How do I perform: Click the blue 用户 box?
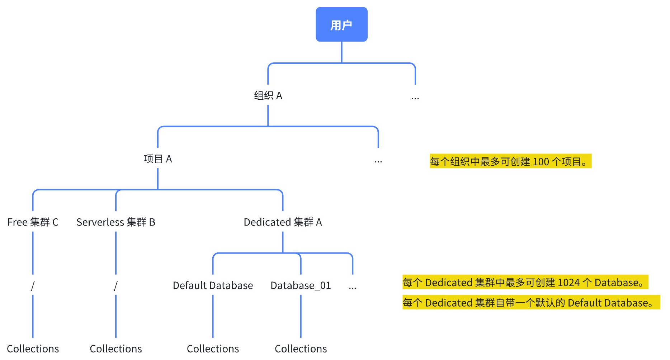tap(341, 24)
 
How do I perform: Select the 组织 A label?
tap(268, 96)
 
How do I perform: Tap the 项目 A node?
tap(158, 159)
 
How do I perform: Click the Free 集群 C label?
tap(33, 222)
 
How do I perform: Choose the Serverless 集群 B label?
tap(115, 222)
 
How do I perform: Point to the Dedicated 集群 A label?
tap(283, 222)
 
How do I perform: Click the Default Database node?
tap(213, 285)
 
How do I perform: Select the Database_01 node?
tap(301, 285)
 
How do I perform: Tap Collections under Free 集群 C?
tap(33, 349)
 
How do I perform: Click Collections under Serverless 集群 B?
tap(115, 349)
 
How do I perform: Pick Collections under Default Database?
tap(213, 349)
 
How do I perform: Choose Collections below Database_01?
tap(301, 349)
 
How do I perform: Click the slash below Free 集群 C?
tap(33, 286)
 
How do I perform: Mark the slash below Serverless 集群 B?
tap(115, 286)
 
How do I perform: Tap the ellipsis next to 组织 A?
tap(415, 98)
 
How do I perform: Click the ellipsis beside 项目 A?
tap(378, 161)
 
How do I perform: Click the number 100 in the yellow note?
tap(541, 162)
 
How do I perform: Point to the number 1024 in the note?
tap(568, 283)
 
